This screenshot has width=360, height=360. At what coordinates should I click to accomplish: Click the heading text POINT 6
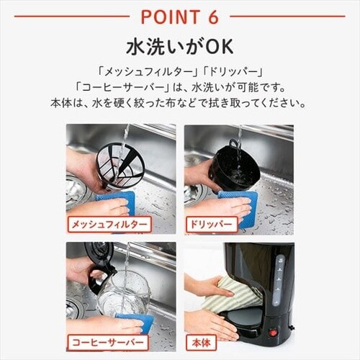point(179,16)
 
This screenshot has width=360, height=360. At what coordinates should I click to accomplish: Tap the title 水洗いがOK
point(179,48)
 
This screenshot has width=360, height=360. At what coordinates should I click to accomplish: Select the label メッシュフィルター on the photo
point(109,225)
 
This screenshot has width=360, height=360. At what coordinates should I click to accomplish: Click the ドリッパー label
point(212,225)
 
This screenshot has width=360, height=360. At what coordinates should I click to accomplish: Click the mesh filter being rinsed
point(120,165)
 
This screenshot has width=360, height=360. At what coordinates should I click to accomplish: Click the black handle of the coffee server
point(94,270)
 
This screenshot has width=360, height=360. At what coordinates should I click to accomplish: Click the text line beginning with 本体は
point(179,102)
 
